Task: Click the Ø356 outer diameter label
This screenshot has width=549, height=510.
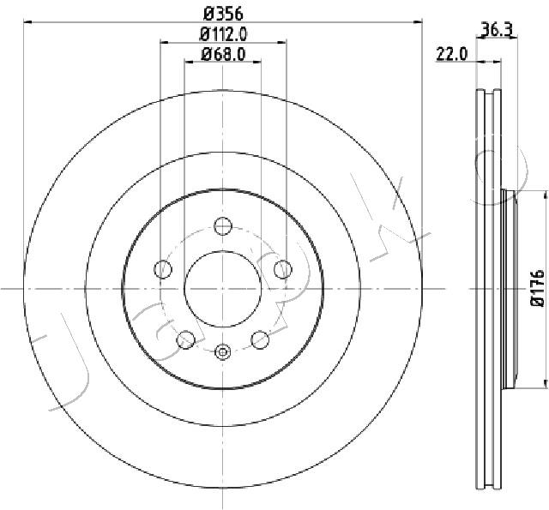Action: [223, 14]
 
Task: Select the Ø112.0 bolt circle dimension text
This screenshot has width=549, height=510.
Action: [223, 34]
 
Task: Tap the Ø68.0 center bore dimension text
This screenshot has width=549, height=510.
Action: [223, 54]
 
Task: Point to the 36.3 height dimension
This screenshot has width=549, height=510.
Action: [498, 30]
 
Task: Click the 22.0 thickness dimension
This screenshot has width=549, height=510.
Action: [451, 55]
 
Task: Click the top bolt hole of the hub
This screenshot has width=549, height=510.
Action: [223, 225]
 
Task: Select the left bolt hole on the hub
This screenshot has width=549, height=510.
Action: [163, 269]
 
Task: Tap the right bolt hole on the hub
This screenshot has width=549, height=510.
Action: [282, 269]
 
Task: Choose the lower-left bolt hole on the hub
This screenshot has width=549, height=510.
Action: [185, 339]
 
